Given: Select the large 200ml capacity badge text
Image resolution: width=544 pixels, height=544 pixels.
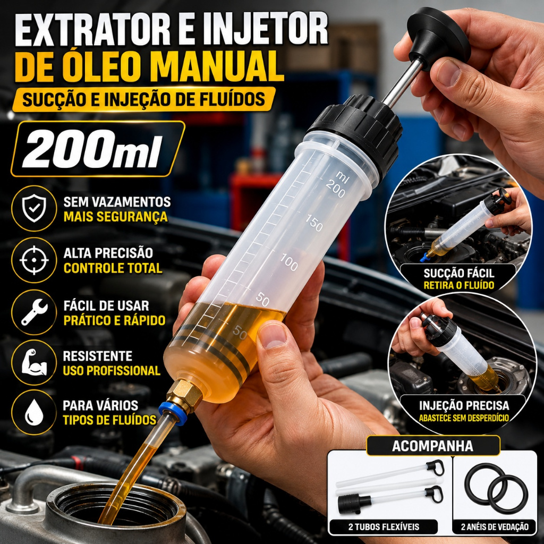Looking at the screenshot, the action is point(92,150).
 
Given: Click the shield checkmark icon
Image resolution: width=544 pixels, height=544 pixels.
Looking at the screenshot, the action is point(34,208).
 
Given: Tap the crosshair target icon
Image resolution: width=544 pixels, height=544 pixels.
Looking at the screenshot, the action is point(34,260).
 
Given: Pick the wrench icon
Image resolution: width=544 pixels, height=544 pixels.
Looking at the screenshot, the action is point(34,311).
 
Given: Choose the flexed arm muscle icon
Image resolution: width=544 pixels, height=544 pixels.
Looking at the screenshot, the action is point(34,362).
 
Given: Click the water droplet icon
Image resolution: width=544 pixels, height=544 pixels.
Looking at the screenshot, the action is point(34,412).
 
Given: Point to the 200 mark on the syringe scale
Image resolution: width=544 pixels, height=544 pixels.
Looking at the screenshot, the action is point(335,190).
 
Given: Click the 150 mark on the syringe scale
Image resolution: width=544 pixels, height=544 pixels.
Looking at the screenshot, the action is point(314,223).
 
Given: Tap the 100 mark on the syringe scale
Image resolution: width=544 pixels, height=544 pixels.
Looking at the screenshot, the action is point(289,262).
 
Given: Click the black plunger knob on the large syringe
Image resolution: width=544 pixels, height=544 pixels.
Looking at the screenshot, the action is point(438,37).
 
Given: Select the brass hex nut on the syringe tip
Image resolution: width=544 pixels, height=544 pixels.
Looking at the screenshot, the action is point(184,394).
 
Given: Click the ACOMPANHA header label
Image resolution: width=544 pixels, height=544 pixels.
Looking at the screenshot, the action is point(432,446).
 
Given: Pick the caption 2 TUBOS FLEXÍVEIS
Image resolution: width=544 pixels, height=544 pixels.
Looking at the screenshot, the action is point(384,526).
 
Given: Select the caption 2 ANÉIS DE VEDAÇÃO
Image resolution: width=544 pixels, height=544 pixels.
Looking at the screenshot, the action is point(495,526).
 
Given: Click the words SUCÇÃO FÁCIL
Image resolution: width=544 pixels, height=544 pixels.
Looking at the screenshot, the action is point(458,274).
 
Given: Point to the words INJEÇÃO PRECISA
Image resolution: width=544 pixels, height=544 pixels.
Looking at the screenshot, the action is point(464,405).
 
